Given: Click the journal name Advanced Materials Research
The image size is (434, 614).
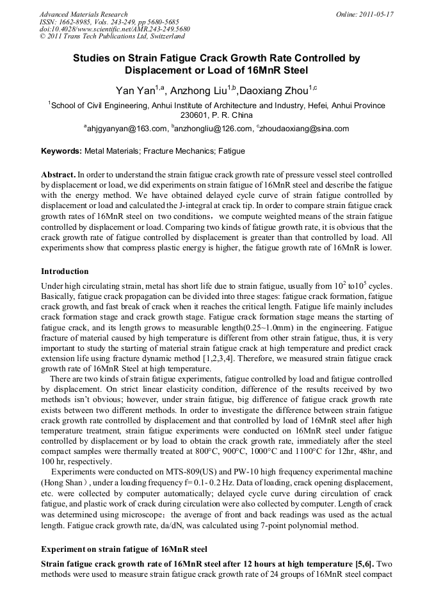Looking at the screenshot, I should coord(83,14).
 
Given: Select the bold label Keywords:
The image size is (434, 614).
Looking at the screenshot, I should coord(61,152).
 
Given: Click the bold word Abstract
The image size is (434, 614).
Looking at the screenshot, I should coord(58,174).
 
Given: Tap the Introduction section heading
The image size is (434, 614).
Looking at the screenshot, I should coord(65,271).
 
